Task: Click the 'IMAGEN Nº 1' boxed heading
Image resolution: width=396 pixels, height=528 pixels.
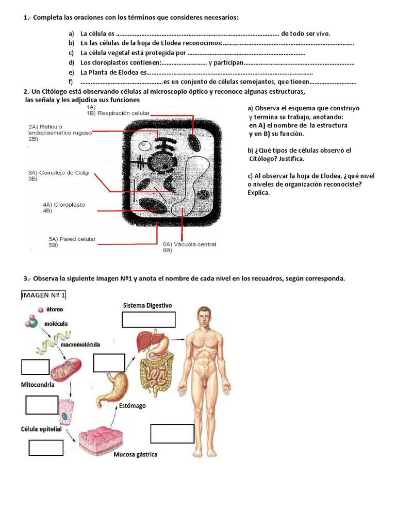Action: pos(43,295)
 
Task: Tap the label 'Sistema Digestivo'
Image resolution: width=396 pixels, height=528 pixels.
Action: pos(147,305)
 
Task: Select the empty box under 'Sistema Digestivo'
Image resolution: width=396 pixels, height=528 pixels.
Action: pos(148,320)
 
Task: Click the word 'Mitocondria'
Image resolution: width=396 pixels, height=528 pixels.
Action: pos(38,385)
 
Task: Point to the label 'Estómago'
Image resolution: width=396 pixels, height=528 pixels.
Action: pos(132,405)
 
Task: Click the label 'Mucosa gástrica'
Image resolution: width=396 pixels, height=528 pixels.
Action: pos(136,454)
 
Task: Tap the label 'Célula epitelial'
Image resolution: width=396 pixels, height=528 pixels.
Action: pos(41,429)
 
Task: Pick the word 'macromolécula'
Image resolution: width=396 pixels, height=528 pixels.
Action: pos(80,344)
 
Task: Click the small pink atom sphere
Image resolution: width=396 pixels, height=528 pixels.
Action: pos(41,310)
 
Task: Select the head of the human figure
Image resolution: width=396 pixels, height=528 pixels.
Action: pos(205,316)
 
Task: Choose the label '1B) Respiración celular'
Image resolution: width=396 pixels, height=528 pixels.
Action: pos(118,112)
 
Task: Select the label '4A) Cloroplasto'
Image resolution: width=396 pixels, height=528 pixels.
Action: pos(64,205)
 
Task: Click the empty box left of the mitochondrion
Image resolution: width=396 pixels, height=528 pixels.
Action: pos(35,367)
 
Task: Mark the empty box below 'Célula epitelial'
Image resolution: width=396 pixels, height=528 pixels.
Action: pos(46,448)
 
